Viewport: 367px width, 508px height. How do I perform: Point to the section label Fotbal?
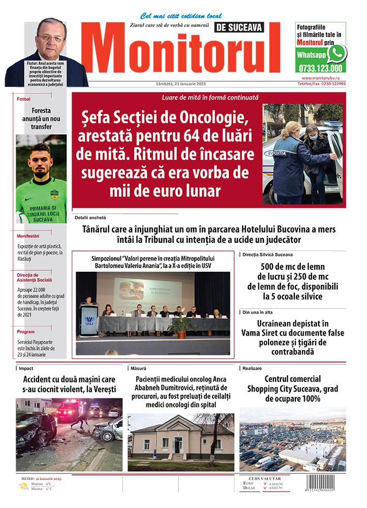click(x=24, y=99)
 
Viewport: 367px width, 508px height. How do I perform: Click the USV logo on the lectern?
click(x=89, y=320)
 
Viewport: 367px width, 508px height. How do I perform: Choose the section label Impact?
click(x=27, y=368)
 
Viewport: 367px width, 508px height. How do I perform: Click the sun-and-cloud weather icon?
click(x=23, y=486)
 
